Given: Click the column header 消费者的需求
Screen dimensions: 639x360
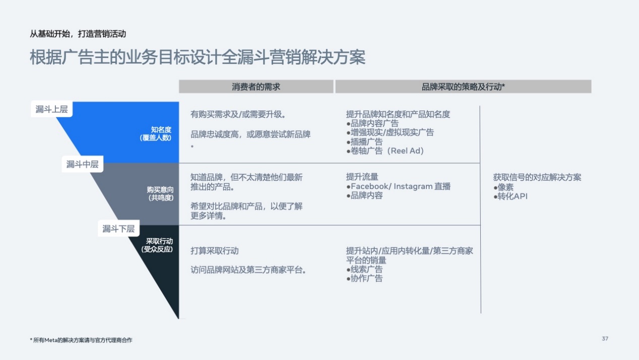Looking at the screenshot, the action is click(x=256, y=87).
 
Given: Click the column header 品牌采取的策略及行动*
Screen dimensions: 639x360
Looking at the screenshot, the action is click(x=463, y=87).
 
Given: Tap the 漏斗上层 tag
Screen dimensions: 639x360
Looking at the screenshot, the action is click(x=51, y=109).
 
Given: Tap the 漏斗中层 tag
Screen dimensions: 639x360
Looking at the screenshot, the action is click(x=83, y=164).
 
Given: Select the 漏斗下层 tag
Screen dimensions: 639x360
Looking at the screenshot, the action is click(x=118, y=228).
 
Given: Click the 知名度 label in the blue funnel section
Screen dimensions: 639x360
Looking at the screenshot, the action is click(x=161, y=130).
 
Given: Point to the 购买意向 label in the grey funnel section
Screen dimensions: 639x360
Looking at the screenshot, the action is click(x=160, y=190).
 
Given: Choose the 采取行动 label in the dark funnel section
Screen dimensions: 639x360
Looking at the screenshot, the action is click(x=159, y=241).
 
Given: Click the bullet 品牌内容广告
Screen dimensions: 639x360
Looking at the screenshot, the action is click(x=372, y=124).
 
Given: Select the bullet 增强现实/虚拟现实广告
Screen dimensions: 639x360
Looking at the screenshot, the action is click(x=390, y=133).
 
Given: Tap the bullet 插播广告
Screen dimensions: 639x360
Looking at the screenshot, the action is click(x=364, y=142).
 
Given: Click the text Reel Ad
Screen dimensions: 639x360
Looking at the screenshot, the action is click(x=407, y=151).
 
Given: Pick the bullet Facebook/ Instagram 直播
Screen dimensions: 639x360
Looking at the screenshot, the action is click(x=398, y=187).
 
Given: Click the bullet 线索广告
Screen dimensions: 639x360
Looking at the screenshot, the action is click(x=364, y=269).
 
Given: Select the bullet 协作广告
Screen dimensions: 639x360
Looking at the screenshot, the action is click(x=364, y=278).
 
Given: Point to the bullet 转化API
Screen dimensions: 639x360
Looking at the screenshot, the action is click(x=510, y=197).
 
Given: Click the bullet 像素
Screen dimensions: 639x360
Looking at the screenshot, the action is click(x=503, y=187).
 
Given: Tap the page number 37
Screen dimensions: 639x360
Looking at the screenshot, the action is click(x=605, y=339).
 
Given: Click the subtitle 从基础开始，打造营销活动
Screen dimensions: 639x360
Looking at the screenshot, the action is click(x=78, y=34).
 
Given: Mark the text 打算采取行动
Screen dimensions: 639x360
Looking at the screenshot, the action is click(x=215, y=251).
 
